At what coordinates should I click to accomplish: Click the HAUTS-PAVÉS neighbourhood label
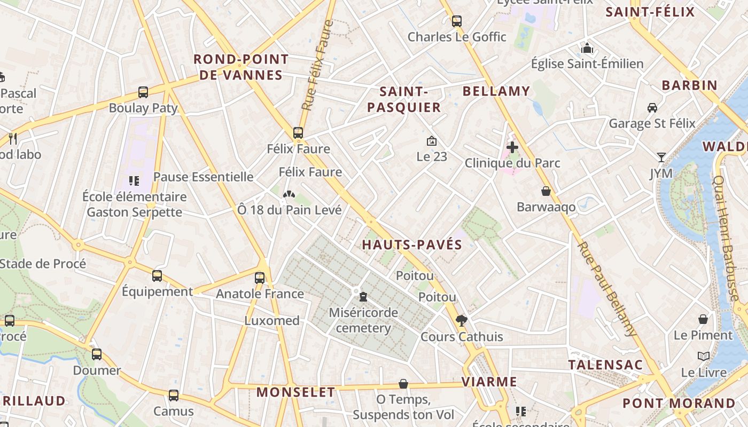coord(412,245)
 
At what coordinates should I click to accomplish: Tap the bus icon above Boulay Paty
coord(143,92)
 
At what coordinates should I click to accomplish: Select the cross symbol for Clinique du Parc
coord(512,147)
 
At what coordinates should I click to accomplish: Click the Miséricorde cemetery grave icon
coord(363,296)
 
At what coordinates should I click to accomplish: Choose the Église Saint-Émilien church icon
coord(587,49)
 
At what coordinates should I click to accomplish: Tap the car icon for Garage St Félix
coord(652,108)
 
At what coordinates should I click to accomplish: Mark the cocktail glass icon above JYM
coord(661,157)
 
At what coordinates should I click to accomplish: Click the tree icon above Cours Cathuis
coord(462,320)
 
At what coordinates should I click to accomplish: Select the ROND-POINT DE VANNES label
coord(241,67)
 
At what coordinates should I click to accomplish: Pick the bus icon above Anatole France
coord(260,278)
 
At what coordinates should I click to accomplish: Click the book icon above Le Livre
coord(704,356)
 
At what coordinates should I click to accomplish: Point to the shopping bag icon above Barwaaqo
coord(546,191)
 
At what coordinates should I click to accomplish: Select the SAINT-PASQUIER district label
coord(404,99)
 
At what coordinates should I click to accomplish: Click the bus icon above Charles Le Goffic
coord(456,21)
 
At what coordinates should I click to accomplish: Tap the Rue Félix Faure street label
coord(317,65)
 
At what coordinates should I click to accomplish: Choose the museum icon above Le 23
coord(432,141)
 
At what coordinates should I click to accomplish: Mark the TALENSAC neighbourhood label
coord(605,365)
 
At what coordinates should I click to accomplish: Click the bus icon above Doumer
coord(97,354)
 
